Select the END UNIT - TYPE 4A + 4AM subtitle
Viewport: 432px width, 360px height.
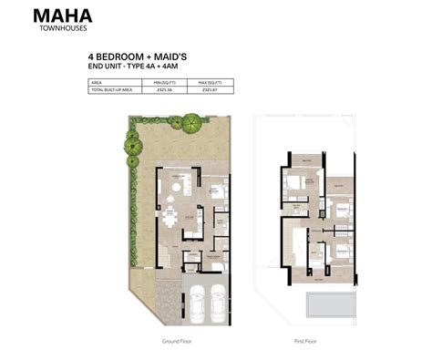pos(131,66)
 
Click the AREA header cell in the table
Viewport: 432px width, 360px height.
pos(97,81)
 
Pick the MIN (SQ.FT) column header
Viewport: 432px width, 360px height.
pos(164,81)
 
